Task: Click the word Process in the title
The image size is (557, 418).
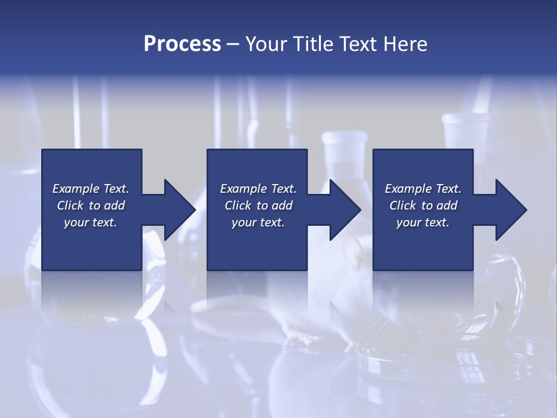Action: pos(182,44)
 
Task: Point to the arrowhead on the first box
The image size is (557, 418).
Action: pos(179,210)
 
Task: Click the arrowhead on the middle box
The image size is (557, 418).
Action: pos(345,210)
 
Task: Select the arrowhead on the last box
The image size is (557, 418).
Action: pos(511,210)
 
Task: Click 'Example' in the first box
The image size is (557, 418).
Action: pos(76,189)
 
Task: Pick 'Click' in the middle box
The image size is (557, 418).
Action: pos(238,206)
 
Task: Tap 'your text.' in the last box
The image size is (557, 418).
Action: pos(422,222)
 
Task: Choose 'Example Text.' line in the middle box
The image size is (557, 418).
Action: pos(258,189)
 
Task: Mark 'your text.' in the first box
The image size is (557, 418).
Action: pos(90,222)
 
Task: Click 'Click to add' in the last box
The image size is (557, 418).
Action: pos(423,206)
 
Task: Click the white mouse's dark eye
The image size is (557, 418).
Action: pos(384,284)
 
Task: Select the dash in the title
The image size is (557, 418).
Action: pos(233,44)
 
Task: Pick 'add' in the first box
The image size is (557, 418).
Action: pos(115,206)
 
